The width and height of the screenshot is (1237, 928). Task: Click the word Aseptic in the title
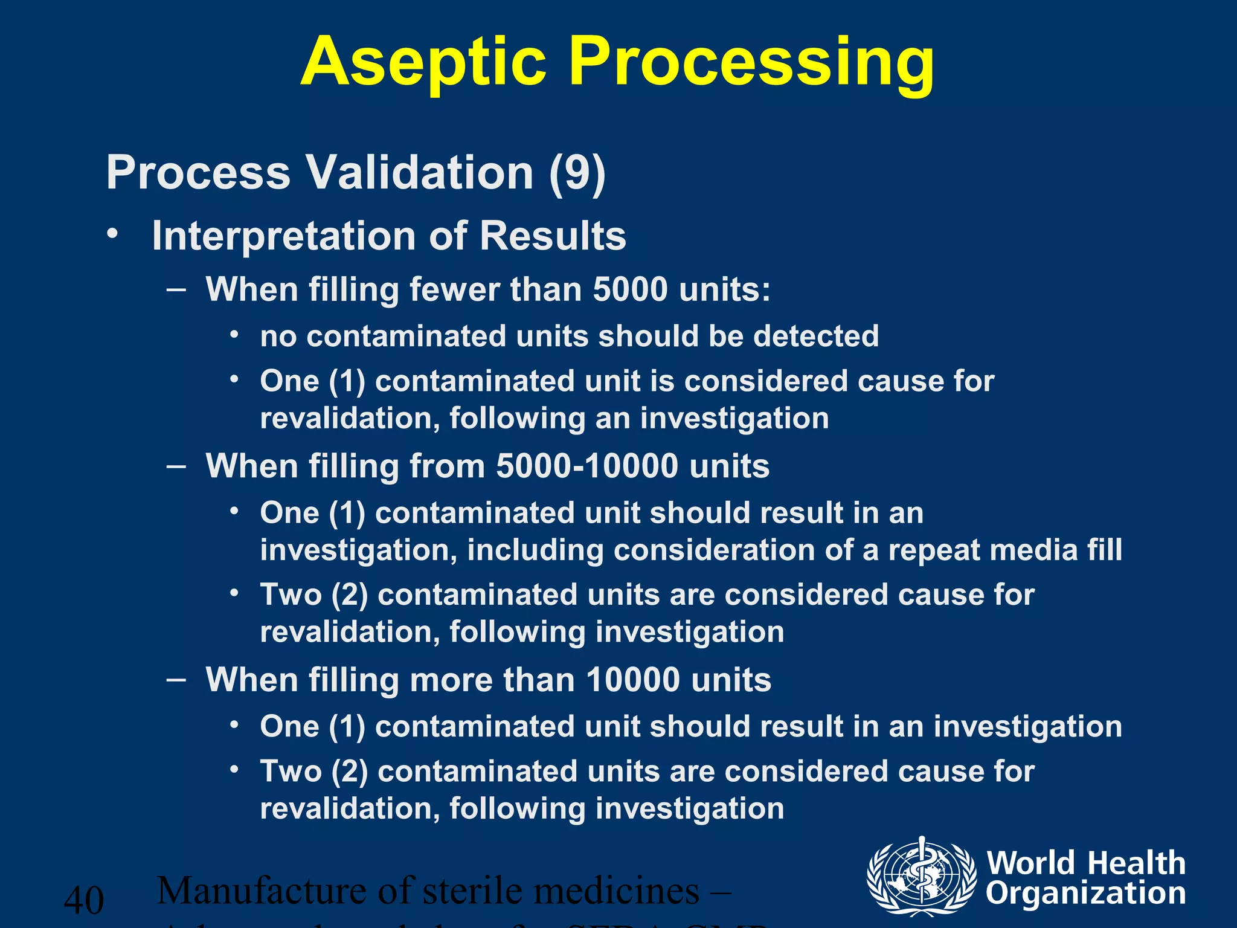pyautogui.click(x=423, y=62)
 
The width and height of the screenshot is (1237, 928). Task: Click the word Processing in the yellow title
pyautogui.click(x=752, y=62)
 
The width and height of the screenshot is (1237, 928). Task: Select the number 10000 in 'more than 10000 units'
pyautogui.click(x=633, y=680)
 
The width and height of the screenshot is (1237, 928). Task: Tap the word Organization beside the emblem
pyautogui.click(x=1086, y=894)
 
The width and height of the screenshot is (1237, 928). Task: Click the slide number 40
pyautogui.click(x=84, y=900)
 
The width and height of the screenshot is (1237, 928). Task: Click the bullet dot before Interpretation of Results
pyautogui.click(x=111, y=234)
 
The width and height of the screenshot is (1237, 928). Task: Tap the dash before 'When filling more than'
pyautogui.click(x=176, y=679)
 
